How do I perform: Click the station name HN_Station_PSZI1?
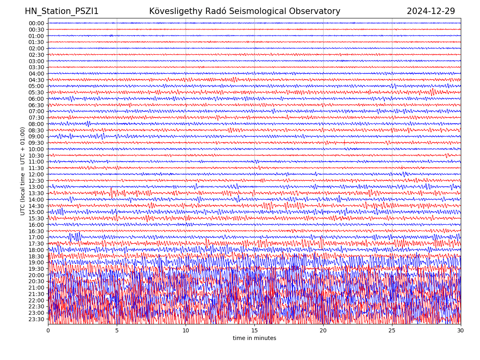[x=62, y=11]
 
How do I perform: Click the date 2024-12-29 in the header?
[x=431, y=11]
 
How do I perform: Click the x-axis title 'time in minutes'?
[x=254, y=338]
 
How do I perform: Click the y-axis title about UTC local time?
[x=23, y=171]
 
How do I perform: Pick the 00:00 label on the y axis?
[x=36, y=23]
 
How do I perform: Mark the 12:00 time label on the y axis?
[x=36, y=174]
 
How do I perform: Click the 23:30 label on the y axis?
[x=36, y=319]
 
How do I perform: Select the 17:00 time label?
[x=36, y=237]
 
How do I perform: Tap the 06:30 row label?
[x=36, y=105]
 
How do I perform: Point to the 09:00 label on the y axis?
[x=36, y=136]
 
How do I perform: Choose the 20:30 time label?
[x=36, y=281]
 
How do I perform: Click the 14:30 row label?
[x=36, y=206]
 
